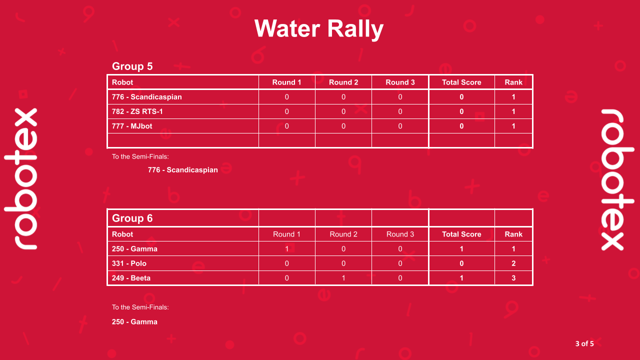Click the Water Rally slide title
pyautogui.click(x=319, y=28)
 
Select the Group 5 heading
pyautogui.click(x=132, y=66)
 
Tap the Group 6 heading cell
pyautogui.click(x=132, y=218)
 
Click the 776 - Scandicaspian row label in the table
pyautogui.click(x=146, y=97)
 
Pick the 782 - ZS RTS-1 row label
pyautogui.click(x=137, y=111)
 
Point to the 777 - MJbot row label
pyautogui.click(x=132, y=126)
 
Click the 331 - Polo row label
pyautogui.click(x=129, y=263)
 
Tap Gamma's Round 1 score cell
pyautogui.click(x=286, y=249)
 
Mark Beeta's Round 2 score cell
pyautogui.click(x=343, y=278)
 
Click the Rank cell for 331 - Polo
pyautogui.click(x=513, y=263)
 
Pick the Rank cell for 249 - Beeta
pyautogui.click(x=513, y=278)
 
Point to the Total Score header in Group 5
pyautogui.click(x=461, y=82)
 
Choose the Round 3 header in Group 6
pyautogui.click(x=400, y=234)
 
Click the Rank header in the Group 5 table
pyautogui.click(x=513, y=82)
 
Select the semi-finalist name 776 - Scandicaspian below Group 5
pyautogui.click(x=182, y=170)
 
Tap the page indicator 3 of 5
pyautogui.click(x=584, y=343)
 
